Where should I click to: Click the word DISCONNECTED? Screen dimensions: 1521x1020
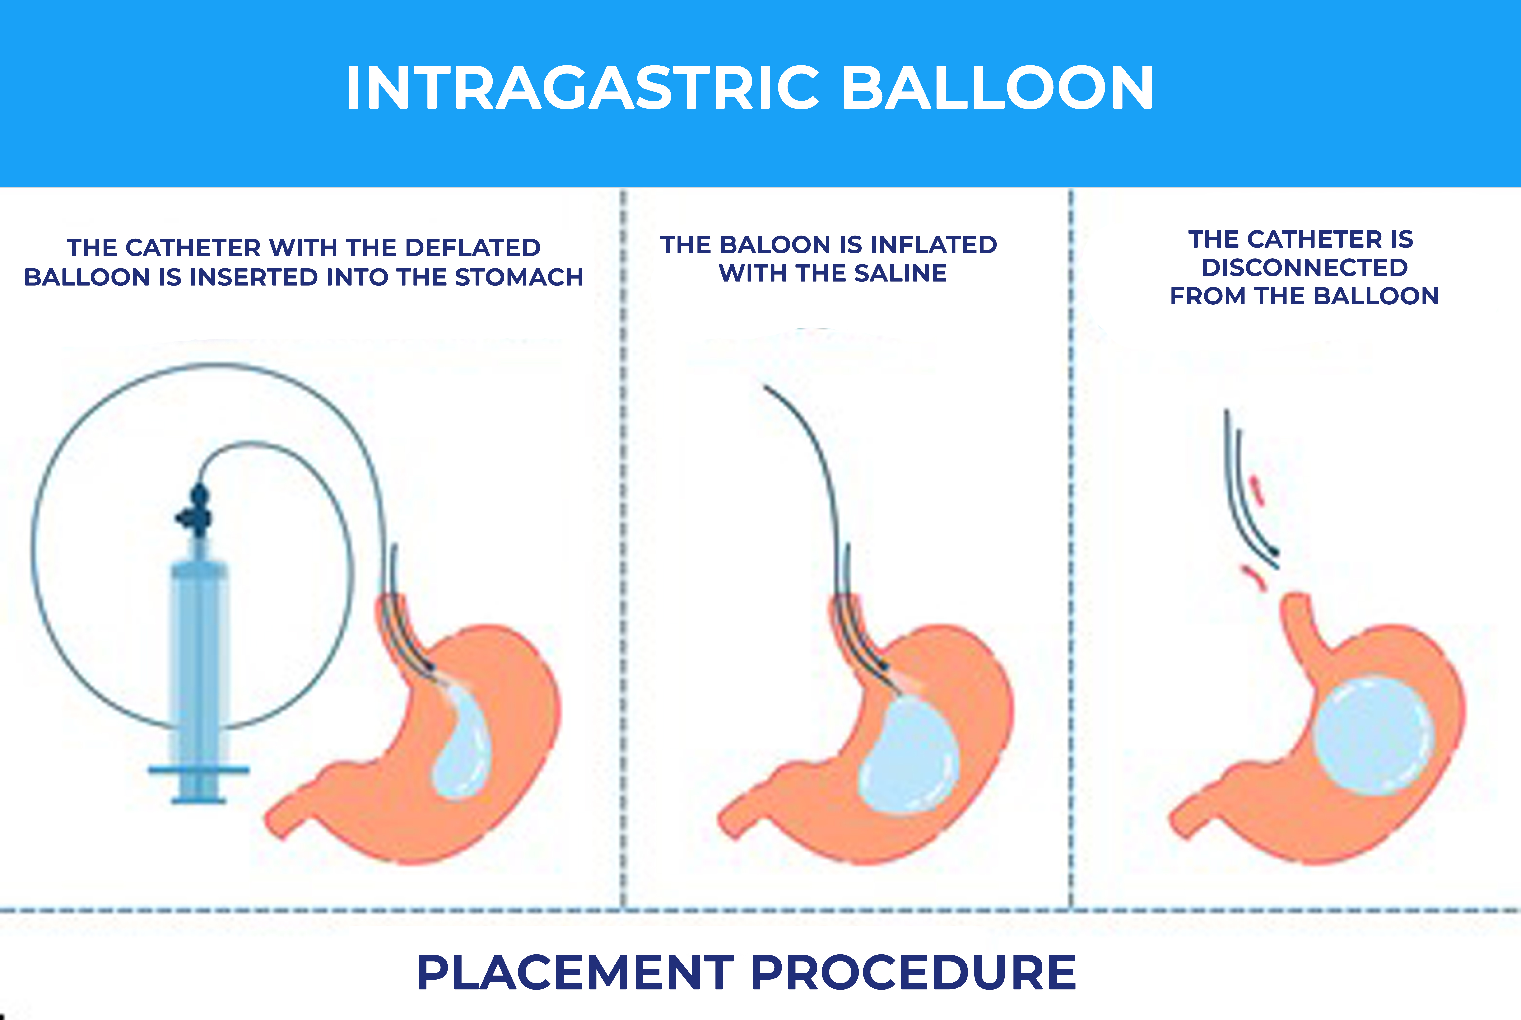(x=1304, y=267)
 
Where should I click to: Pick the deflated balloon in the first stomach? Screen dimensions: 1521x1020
(x=460, y=742)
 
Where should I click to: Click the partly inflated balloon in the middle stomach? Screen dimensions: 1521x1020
(x=908, y=755)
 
